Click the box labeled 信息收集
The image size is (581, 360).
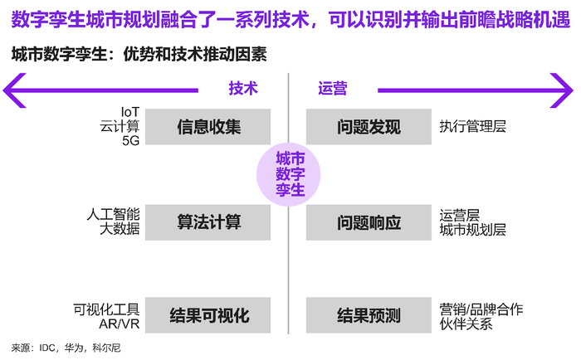click(209, 127)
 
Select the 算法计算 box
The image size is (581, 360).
click(209, 221)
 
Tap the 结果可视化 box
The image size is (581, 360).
click(209, 315)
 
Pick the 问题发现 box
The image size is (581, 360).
click(369, 127)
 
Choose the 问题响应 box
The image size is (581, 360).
click(369, 221)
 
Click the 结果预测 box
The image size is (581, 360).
click(369, 315)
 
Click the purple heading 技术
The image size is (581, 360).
click(243, 87)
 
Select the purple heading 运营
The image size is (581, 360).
click(332, 87)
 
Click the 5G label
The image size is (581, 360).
click(131, 141)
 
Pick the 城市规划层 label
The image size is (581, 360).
click(472, 229)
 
